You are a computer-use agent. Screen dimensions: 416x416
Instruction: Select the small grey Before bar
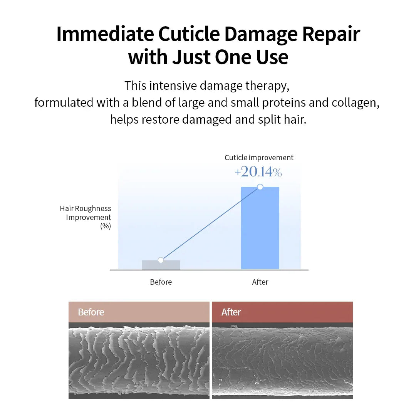pos(161,265)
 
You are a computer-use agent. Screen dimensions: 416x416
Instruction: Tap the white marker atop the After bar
pos(260,187)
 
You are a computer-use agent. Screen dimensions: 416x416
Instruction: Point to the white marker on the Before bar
pos(161,260)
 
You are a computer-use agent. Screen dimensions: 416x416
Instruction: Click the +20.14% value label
pos(258,172)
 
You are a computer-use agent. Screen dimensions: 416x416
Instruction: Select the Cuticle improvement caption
pos(259,158)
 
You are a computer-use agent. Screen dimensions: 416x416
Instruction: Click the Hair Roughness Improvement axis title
pos(86,217)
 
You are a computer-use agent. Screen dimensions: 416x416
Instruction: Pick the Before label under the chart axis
pos(161,282)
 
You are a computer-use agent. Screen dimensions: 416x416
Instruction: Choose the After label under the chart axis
pos(260,282)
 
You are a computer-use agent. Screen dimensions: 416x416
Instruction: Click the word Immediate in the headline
pos(105,34)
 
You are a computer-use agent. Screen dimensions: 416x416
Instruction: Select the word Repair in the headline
pos(331,34)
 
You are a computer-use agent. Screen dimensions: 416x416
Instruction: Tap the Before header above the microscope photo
pos(91,312)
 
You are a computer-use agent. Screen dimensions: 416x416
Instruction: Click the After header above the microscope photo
pos(231,312)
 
